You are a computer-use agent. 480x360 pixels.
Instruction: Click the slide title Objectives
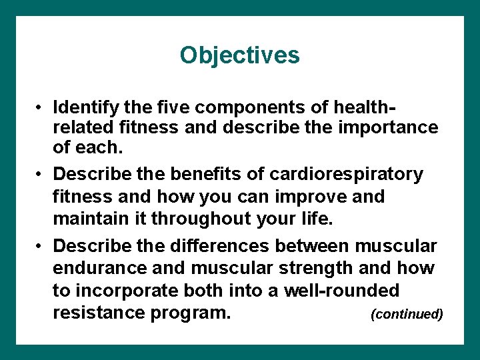click(x=239, y=55)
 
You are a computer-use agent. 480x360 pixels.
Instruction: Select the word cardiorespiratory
click(x=346, y=175)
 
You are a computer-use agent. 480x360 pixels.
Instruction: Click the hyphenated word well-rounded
click(x=341, y=291)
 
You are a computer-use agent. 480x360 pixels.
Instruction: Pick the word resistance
click(x=100, y=313)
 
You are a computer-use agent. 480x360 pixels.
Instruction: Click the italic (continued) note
click(x=407, y=314)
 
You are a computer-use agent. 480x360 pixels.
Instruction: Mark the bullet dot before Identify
click(x=41, y=107)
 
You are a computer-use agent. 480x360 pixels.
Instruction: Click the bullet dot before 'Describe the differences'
click(x=41, y=247)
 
